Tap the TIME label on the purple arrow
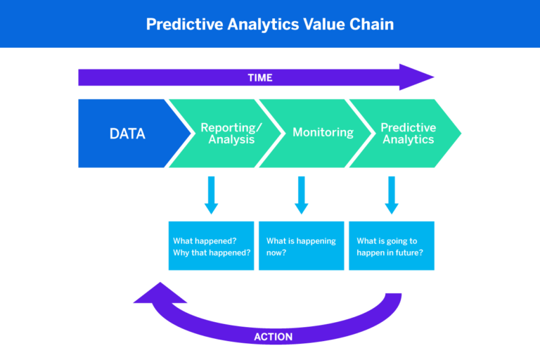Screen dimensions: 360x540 (260, 77)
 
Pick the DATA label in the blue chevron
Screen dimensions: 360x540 (127, 134)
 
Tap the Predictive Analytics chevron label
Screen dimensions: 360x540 (408, 134)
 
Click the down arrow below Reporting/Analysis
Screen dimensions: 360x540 (211, 195)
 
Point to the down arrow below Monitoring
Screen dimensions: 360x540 (302, 195)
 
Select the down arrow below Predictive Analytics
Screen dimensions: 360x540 (392, 195)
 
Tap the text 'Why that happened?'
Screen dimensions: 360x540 (212, 252)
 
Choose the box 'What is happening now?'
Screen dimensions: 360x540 (302, 246)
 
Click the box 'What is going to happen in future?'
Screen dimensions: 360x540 (392, 246)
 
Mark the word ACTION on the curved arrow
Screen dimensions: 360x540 (273, 337)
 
